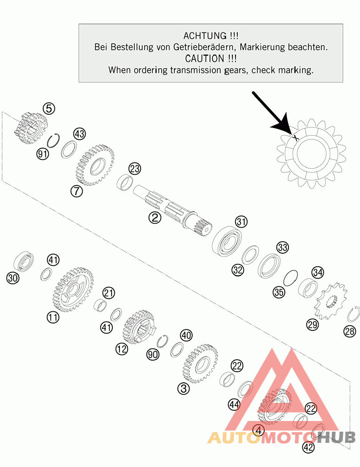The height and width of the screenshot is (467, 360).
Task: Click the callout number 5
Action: point(49,108)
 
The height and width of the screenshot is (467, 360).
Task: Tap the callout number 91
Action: point(43,154)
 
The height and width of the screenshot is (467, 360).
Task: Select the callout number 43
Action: point(79,134)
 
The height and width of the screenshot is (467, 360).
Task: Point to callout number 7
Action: point(77,191)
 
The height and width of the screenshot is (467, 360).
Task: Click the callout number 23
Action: point(135,169)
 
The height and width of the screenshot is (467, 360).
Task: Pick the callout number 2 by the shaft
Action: point(155,217)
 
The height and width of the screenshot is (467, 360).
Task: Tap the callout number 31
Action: point(241,222)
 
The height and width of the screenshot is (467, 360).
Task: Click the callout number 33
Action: point(282,247)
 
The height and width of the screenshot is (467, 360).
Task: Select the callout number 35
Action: point(279,292)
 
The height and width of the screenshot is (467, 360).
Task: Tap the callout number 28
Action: point(350,331)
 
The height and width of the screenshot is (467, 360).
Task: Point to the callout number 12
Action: point(122,349)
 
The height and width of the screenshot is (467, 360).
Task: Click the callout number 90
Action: point(153,354)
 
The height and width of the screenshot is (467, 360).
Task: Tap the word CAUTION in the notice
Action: point(205,59)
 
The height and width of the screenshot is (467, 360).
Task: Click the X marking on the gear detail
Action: point(295,138)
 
